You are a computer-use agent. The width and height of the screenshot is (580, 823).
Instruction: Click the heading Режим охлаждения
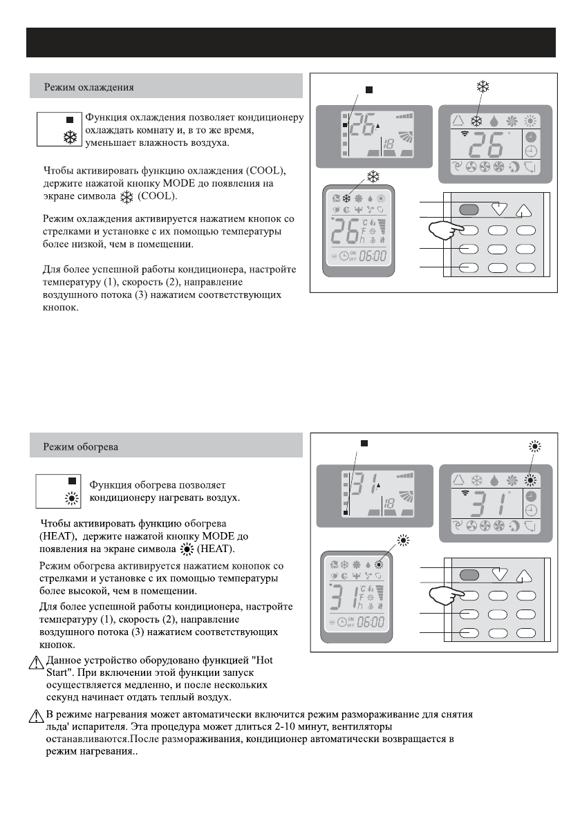pyautogui.click(x=89, y=88)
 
